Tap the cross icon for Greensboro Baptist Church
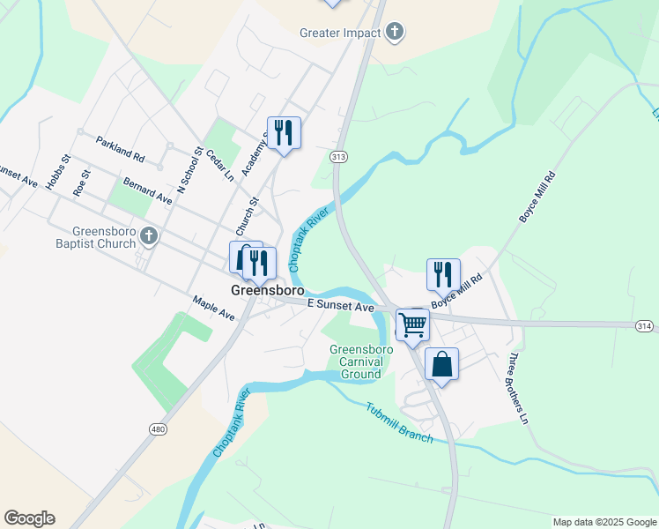149,235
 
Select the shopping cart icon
412,324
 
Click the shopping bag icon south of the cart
441,363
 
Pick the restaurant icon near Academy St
284,133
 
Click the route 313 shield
338,156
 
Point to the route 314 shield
645,326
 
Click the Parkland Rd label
120,148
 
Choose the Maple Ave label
214,309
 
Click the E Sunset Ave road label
341,305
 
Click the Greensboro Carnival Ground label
356,361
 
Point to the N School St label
189,171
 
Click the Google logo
29,518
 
